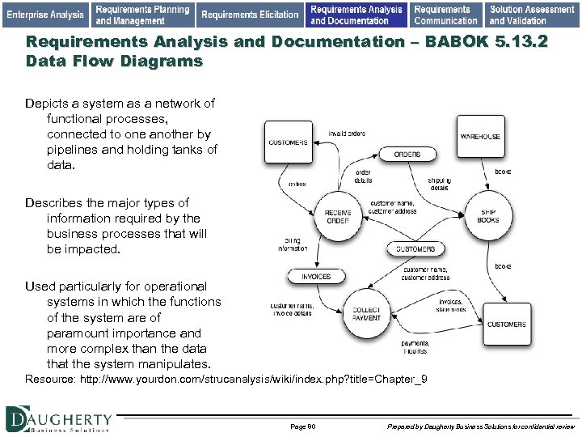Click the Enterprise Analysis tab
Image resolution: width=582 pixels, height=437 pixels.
[x=45, y=14]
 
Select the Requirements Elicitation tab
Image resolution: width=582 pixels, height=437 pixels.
[x=250, y=14]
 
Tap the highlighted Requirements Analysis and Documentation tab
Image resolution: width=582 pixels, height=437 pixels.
[x=356, y=14]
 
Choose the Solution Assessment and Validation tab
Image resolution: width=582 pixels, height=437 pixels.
[x=532, y=14]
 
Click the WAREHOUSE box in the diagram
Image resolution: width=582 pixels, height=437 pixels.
[x=480, y=137]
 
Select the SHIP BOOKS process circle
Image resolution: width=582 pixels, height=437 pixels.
[x=488, y=215]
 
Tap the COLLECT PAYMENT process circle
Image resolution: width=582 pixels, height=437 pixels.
[x=367, y=313]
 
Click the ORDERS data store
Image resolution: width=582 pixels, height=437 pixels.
[x=407, y=154]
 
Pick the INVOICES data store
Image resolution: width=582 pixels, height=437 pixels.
[x=316, y=276]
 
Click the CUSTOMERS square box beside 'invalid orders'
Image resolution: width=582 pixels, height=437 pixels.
[x=289, y=142]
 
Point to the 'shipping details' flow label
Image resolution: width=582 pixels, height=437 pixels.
[x=440, y=184]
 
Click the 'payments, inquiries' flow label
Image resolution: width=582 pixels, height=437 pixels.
[x=415, y=347]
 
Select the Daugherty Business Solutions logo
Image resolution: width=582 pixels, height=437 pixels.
[x=58, y=419]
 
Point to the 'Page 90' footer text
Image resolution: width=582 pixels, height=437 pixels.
[x=302, y=426]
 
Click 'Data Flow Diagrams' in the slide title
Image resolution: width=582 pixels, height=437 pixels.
[x=114, y=61]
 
